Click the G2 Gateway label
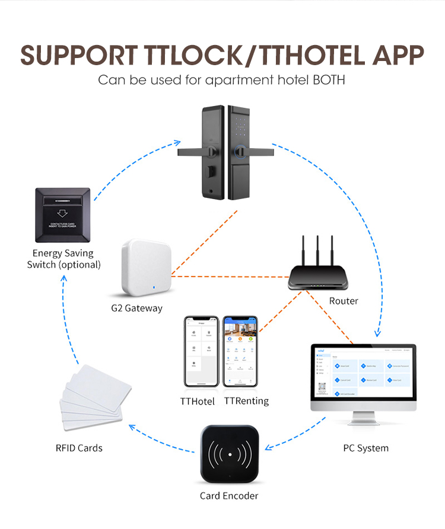136,308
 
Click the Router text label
344,301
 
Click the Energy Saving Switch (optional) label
63,259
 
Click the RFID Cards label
79,448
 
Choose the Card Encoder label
229,495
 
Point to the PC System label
366,448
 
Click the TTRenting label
246,401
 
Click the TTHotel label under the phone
198,401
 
